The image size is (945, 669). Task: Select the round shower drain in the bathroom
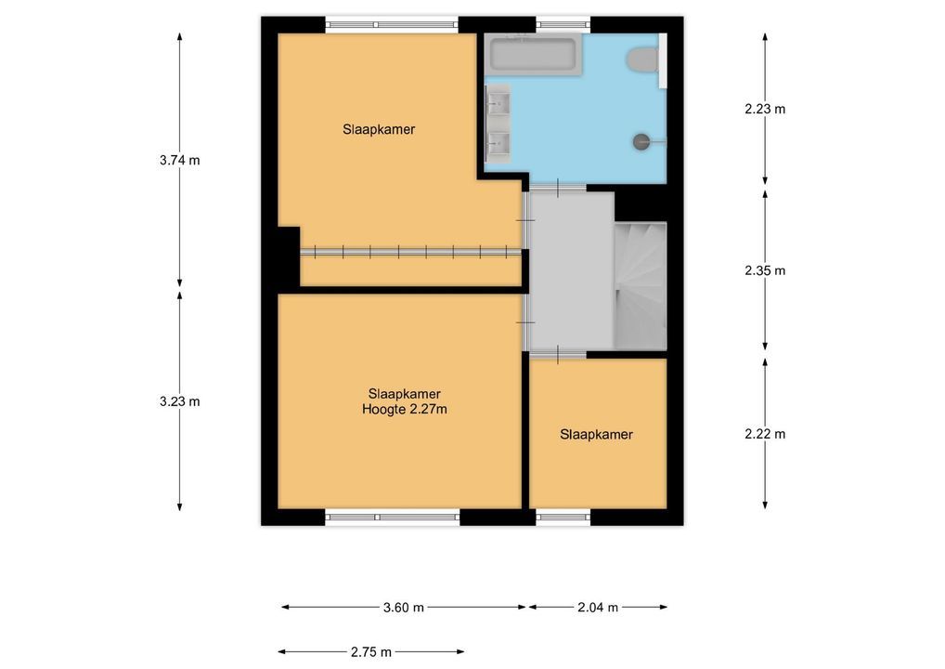coord(641,142)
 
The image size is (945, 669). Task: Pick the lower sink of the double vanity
coord(498,144)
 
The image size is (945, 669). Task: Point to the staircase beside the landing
coord(640,285)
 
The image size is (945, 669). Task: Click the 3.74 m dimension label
coord(179,161)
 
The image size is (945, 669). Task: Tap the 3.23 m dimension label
coord(179,401)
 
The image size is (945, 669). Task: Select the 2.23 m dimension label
coord(765,110)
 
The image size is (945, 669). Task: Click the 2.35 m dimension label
coord(765,271)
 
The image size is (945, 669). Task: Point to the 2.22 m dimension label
coord(765,434)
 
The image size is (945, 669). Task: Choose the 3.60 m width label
coord(404,608)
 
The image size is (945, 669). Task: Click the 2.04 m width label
coord(598,608)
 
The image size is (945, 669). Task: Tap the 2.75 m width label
coord(371,652)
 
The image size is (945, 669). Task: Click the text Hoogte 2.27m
coord(405,410)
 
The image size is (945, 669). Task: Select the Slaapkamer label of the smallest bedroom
coord(597,434)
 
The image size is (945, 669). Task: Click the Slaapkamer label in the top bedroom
coord(379,129)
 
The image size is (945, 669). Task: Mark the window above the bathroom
coord(563,25)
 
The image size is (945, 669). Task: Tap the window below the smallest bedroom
coord(563,517)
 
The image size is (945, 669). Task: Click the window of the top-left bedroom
coord(393,25)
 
